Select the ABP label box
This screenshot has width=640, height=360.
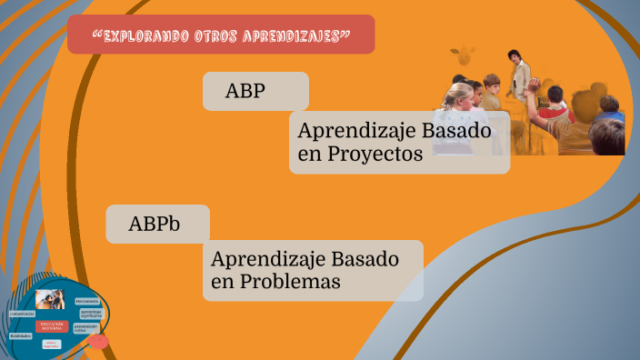pyautogui.click(x=255, y=91)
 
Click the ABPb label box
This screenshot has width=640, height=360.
pyautogui.click(x=157, y=224)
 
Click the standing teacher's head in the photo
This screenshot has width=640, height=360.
pyautogui.click(x=514, y=56)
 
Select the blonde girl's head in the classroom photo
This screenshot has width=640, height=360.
pyautogui.click(x=459, y=94)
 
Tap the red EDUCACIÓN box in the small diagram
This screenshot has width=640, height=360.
pyautogui.click(x=51, y=325)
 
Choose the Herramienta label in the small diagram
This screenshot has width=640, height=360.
pyautogui.click(x=87, y=300)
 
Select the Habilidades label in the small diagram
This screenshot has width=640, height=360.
pyautogui.click(x=20, y=336)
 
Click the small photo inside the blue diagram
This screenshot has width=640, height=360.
pyautogui.click(x=49, y=299)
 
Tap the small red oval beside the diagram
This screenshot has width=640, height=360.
pyautogui.click(x=97, y=341)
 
